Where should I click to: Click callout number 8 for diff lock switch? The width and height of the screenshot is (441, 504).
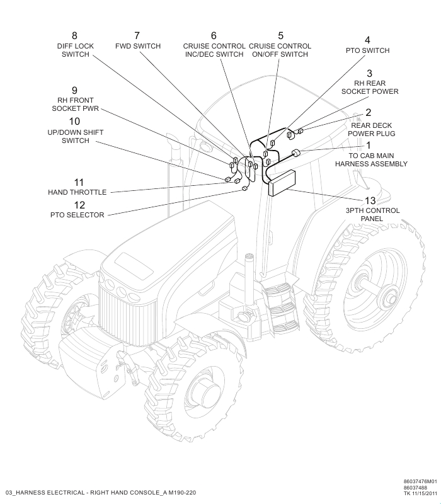75,35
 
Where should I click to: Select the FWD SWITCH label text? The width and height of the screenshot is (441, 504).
138,46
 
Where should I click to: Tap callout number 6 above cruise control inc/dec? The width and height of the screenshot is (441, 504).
214,35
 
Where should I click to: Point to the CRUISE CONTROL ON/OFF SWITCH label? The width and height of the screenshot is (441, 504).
280,50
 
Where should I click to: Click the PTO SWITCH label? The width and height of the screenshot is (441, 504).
367,50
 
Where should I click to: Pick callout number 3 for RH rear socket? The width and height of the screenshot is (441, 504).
369,73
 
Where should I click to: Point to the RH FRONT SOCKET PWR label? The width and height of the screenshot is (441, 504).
75,105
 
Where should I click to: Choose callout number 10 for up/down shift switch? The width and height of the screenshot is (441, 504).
75,121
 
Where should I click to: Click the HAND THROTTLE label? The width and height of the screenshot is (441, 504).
77,192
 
